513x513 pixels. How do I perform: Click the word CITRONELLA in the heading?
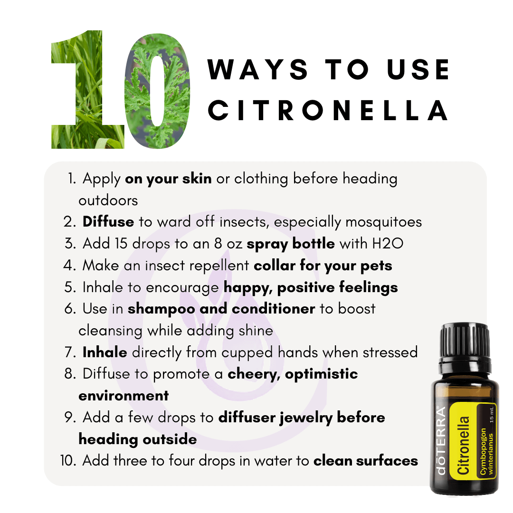click(x=328, y=110)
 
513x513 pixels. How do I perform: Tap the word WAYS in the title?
click(x=257, y=69)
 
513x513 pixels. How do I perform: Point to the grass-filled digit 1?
click(x=88, y=89)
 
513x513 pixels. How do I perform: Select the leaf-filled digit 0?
click(x=157, y=91)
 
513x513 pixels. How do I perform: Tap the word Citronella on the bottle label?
click(x=463, y=445)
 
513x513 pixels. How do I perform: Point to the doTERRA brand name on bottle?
click(x=441, y=440)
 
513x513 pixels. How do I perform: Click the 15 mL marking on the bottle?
click(x=491, y=415)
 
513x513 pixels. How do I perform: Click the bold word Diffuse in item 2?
click(x=108, y=222)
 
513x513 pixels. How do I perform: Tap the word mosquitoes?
click(x=383, y=222)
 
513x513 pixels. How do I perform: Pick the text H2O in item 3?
click(x=388, y=244)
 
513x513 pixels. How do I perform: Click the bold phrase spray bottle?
click(x=291, y=244)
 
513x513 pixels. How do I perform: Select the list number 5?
click(x=70, y=287)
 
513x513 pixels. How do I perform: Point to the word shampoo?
click(x=161, y=309)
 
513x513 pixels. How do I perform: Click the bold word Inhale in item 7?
click(x=104, y=352)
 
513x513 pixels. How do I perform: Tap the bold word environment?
click(x=123, y=396)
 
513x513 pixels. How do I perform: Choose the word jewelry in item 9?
click(x=306, y=418)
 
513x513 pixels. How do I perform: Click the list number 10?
click(x=68, y=461)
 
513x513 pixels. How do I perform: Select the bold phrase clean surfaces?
click(x=366, y=461)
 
